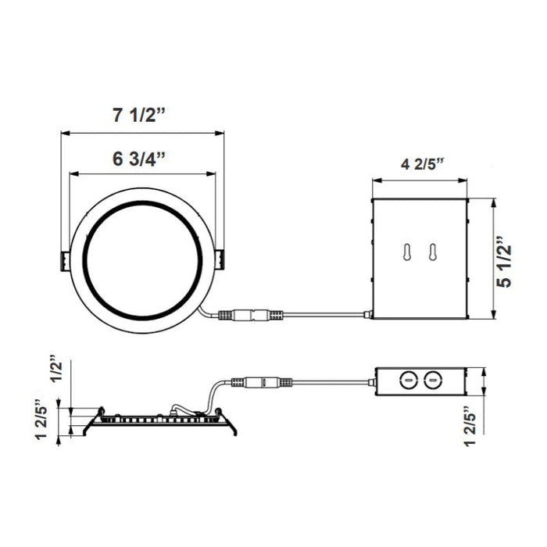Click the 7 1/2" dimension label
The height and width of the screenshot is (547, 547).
tap(138, 116)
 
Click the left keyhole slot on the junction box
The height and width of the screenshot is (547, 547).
tap(406, 252)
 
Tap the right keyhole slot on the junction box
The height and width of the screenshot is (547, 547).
tap(429, 252)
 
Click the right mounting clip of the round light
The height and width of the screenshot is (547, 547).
tap(220, 260)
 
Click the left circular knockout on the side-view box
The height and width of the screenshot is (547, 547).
tap(407, 382)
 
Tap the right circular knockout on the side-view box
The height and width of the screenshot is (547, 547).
tap(429, 382)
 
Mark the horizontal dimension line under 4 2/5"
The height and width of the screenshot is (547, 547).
tap(420, 181)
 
